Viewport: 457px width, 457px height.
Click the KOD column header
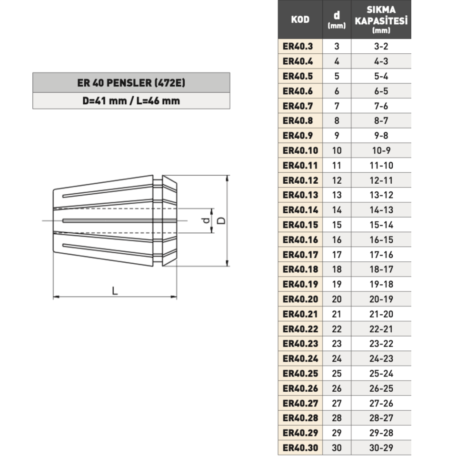[x=300, y=20]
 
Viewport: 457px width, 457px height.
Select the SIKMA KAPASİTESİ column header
[x=381, y=20]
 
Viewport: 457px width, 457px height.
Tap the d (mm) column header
[x=337, y=20]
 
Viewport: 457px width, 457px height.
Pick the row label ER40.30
[x=300, y=448]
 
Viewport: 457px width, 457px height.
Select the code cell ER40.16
[x=300, y=239]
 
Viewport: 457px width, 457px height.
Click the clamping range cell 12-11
[x=381, y=180]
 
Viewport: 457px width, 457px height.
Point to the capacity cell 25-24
[x=381, y=373]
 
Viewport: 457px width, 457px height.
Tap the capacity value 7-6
[x=381, y=106]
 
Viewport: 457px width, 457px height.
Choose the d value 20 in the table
[x=337, y=299]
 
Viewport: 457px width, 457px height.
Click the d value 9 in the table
[x=337, y=136]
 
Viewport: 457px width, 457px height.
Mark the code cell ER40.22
[x=300, y=329]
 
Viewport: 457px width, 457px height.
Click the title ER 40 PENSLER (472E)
[x=131, y=83]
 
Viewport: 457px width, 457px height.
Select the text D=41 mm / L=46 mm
[x=131, y=101]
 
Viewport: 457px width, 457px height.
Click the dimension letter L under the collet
[x=115, y=290]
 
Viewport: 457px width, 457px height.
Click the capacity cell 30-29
[x=381, y=448]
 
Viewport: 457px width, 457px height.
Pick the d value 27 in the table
[x=337, y=403]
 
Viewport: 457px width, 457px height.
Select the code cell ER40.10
[x=300, y=150]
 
